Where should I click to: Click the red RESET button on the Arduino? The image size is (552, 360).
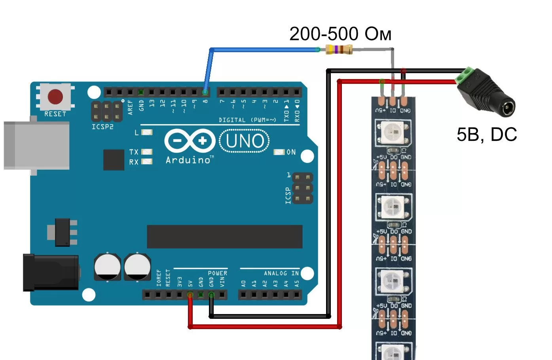pyautogui.click(x=55, y=96)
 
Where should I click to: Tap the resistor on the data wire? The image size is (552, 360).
pyautogui.click(x=338, y=49)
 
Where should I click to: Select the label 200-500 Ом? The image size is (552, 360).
pyautogui.click(x=340, y=34)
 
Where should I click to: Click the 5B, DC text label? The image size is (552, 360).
pyautogui.click(x=486, y=135)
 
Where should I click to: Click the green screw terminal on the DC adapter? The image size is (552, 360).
pyautogui.click(x=465, y=76)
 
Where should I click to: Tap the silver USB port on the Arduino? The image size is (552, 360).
pyautogui.click(x=36, y=145)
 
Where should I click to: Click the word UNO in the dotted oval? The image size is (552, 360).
pyautogui.click(x=245, y=141)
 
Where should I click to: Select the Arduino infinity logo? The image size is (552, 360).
pyautogui.click(x=190, y=141)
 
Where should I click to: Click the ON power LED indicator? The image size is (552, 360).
pyautogui.click(x=279, y=152)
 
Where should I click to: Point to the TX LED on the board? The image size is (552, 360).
pyautogui.click(x=147, y=152)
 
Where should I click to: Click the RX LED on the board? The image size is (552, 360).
pyautogui.click(x=147, y=161)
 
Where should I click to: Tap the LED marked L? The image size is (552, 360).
pyautogui.click(x=147, y=132)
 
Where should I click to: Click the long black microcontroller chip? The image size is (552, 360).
pyautogui.click(x=224, y=237)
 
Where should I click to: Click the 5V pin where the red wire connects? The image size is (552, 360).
pyautogui.click(x=190, y=295)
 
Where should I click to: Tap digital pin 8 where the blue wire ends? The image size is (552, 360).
pyautogui.click(x=205, y=93)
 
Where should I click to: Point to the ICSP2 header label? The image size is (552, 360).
pyautogui.click(x=102, y=127)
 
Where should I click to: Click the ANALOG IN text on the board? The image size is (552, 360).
pyautogui.click(x=281, y=273)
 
